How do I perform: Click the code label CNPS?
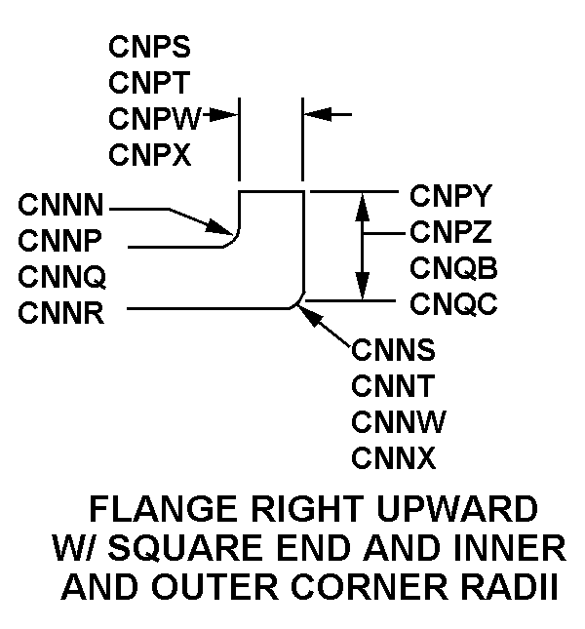pyautogui.click(x=149, y=48)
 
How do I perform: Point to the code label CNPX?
pyautogui.click(x=149, y=154)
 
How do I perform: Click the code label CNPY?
pyautogui.click(x=453, y=196)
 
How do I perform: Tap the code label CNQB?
pyautogui.click(x=453, y=268)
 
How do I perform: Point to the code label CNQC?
pyautogui.click(x=453, y=304)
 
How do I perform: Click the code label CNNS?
pyautogui.click(x=394, y=348)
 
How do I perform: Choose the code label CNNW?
pyautogui.click(x=396, y=420)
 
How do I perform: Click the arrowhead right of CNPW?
pyautogui.click(x=231, y=115)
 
